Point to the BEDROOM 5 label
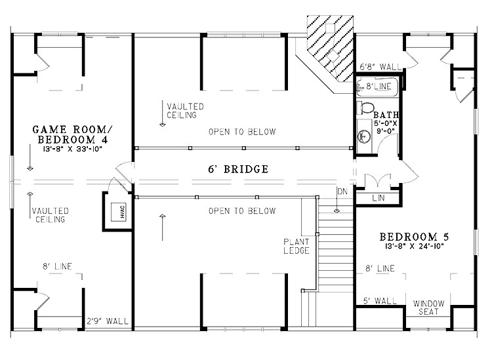[x=418, y=236]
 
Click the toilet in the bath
[x=367, y=107]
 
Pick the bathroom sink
[x=362, y=136]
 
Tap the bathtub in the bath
[x=377, y=86]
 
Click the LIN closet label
[x=378, y=197]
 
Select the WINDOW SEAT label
[x=428, y=307]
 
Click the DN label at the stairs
[x=341, y=191]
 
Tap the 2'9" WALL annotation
[x=107, y=321]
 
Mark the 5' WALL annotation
[x=380, y=301]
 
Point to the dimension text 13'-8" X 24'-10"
[x=418, y=247]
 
